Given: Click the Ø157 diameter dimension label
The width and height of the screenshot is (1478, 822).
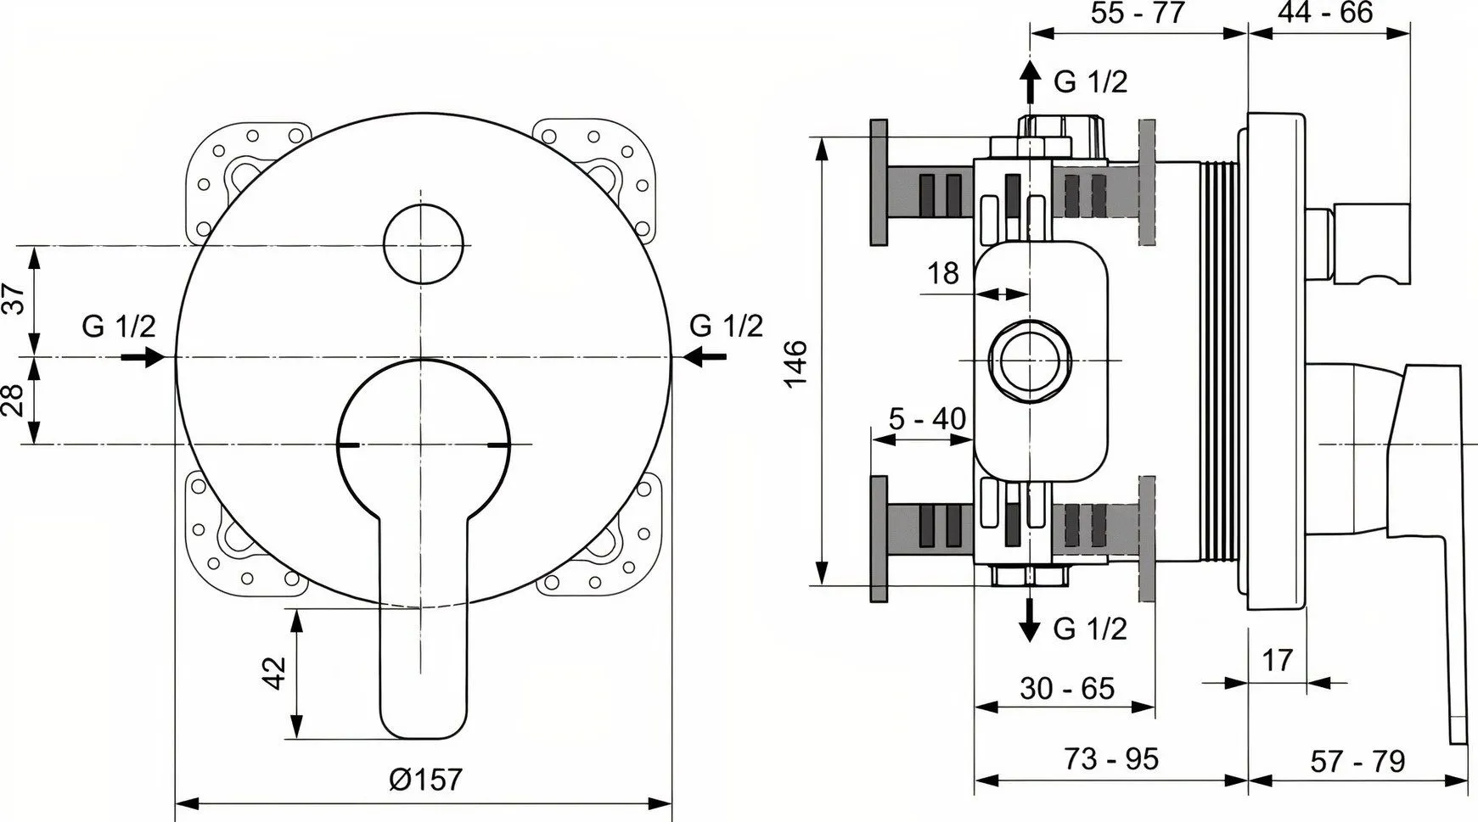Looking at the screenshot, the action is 425,780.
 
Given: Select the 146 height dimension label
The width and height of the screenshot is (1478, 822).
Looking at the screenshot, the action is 795,364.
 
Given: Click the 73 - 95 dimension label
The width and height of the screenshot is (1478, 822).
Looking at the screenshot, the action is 1111,758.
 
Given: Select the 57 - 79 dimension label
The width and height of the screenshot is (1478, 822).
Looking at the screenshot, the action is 1357,761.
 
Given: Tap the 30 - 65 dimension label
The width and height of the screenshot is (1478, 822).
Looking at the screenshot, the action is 1067,688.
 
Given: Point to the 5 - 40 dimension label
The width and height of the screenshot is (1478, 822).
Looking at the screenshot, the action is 927,419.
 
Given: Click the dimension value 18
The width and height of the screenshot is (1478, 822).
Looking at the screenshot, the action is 942,273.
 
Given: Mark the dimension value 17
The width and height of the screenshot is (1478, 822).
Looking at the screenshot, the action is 1277,659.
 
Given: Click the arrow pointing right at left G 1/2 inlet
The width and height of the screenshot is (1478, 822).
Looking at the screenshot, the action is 142,357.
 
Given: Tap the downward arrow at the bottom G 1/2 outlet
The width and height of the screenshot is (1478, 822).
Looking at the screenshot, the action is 1030,620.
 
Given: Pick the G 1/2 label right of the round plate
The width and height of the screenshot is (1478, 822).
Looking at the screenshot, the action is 726,325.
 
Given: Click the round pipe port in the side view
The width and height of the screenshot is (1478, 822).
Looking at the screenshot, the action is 1030,361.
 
